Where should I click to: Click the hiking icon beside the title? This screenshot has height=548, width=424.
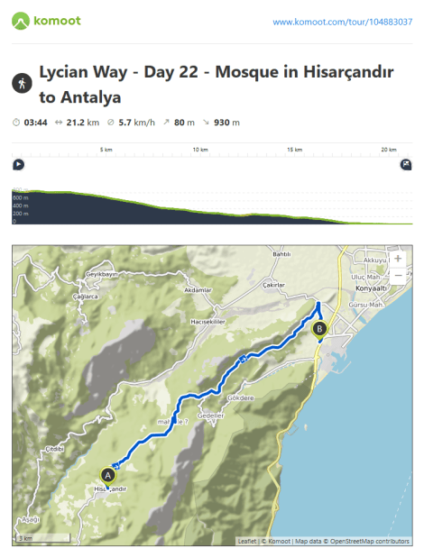coord(22,84)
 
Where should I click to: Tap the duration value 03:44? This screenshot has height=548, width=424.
coord(36,122)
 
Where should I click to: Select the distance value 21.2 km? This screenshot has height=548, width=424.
coord(82,122)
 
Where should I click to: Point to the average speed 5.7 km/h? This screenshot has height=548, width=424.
coord(137,122)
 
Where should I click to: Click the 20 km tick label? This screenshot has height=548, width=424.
coord(388,150)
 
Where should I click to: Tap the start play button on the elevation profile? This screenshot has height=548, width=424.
coord(18,164)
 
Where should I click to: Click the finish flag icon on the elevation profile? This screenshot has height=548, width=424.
coord(406,164)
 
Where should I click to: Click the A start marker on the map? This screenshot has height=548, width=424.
coord(107,473)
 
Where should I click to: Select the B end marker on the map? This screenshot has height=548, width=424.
coord(319,330)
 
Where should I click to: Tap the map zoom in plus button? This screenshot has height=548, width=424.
coord(398,258)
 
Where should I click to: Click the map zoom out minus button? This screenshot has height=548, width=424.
coord(398,277)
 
